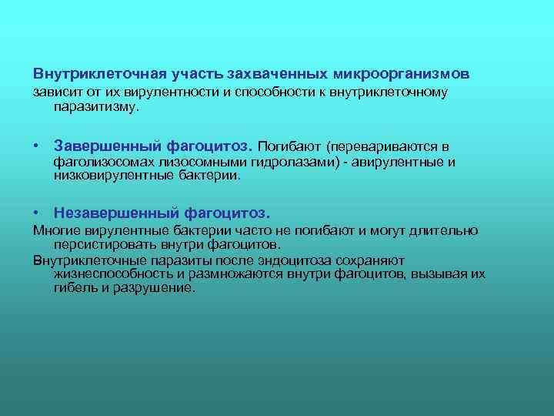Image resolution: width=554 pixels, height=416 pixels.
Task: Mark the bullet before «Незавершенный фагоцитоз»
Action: [x=37, y=211]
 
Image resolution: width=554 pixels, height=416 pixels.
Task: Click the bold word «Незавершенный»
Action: [x=116, y=212]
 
